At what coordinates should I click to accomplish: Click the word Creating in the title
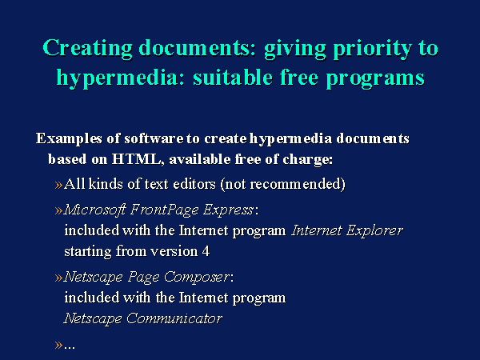[x=87, y=48]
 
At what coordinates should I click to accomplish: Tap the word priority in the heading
[x=373, y=48]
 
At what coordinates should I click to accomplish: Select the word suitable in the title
[x=233, y=77]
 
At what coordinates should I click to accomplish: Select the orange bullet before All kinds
[x=58, y=185]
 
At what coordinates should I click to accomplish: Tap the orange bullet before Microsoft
[x=58, y=210]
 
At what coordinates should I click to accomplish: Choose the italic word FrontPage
[x=165, y=210]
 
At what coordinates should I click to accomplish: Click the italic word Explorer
[x=374, y=231]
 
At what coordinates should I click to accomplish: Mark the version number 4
[x=206, y=252]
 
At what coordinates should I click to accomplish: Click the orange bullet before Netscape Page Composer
[x=58, y=278]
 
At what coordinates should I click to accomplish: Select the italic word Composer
[x=197, y=278]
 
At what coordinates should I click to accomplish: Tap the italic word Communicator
[x=174, y=318]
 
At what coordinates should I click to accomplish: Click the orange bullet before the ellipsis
[x=58, y=346]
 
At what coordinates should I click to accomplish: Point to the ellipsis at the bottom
[x=70, y=348]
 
